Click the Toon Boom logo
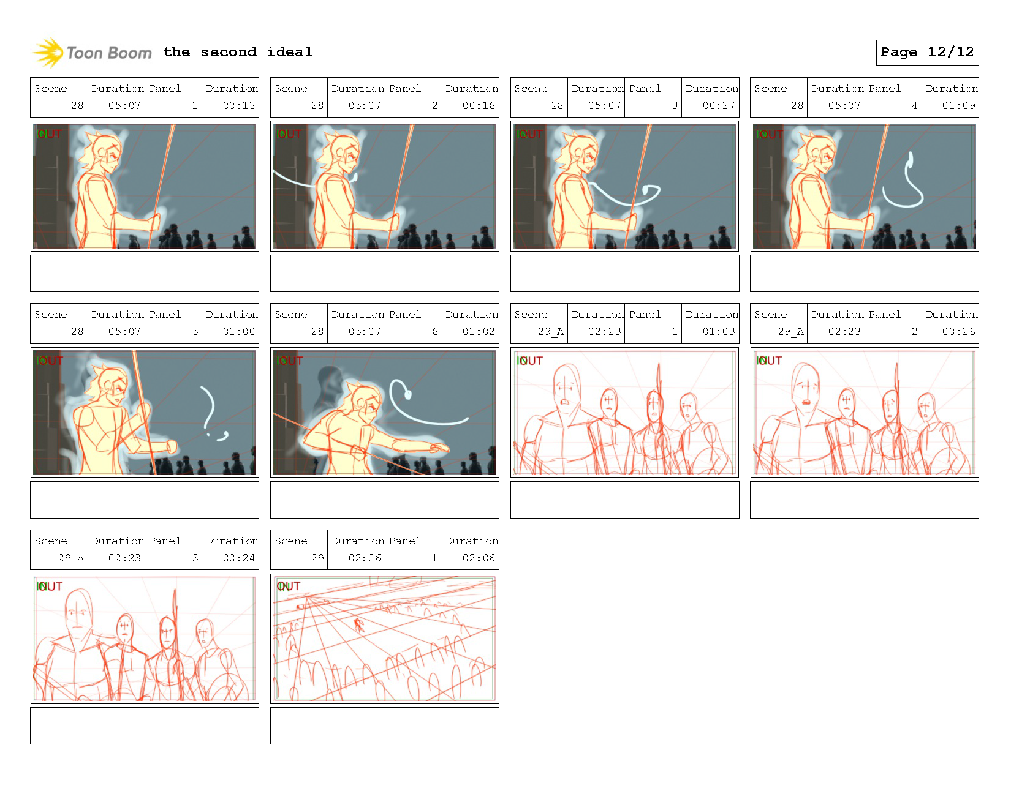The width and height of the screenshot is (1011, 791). coord(92,53)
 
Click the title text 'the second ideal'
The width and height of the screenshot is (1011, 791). coord(238,52)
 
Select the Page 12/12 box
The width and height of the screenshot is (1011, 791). coord(926,52)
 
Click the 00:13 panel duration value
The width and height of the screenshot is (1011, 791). coord(238,105)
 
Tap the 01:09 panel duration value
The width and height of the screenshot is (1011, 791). coord(958,105)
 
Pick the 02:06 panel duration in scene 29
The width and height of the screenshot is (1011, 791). coord(478,558)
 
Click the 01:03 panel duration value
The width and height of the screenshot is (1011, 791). coord(718,331)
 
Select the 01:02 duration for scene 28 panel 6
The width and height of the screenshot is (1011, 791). coord(478,331)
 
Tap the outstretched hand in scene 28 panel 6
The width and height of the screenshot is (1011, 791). coord(439,449)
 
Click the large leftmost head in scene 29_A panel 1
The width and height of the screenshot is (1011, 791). coord(566,387)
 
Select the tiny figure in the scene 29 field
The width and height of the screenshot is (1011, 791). coord(358,625)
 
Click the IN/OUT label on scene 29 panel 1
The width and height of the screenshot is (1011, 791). coord(288,586)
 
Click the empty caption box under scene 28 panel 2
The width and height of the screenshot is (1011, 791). coord(384,273)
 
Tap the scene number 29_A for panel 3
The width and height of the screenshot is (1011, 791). coord(70,558)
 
